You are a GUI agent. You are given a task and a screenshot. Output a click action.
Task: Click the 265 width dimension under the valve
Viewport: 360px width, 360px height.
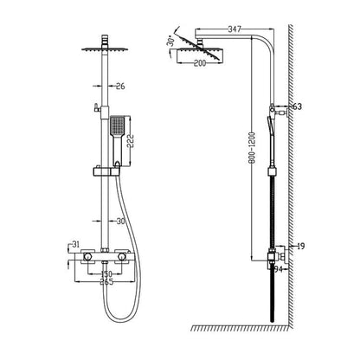(105, 281)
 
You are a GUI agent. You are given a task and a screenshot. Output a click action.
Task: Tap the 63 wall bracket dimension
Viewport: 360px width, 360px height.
(297, 106)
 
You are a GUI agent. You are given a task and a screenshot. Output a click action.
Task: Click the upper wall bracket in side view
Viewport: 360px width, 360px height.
(279, 109)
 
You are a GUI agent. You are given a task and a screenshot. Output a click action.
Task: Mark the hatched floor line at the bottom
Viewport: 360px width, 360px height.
(242, 328)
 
